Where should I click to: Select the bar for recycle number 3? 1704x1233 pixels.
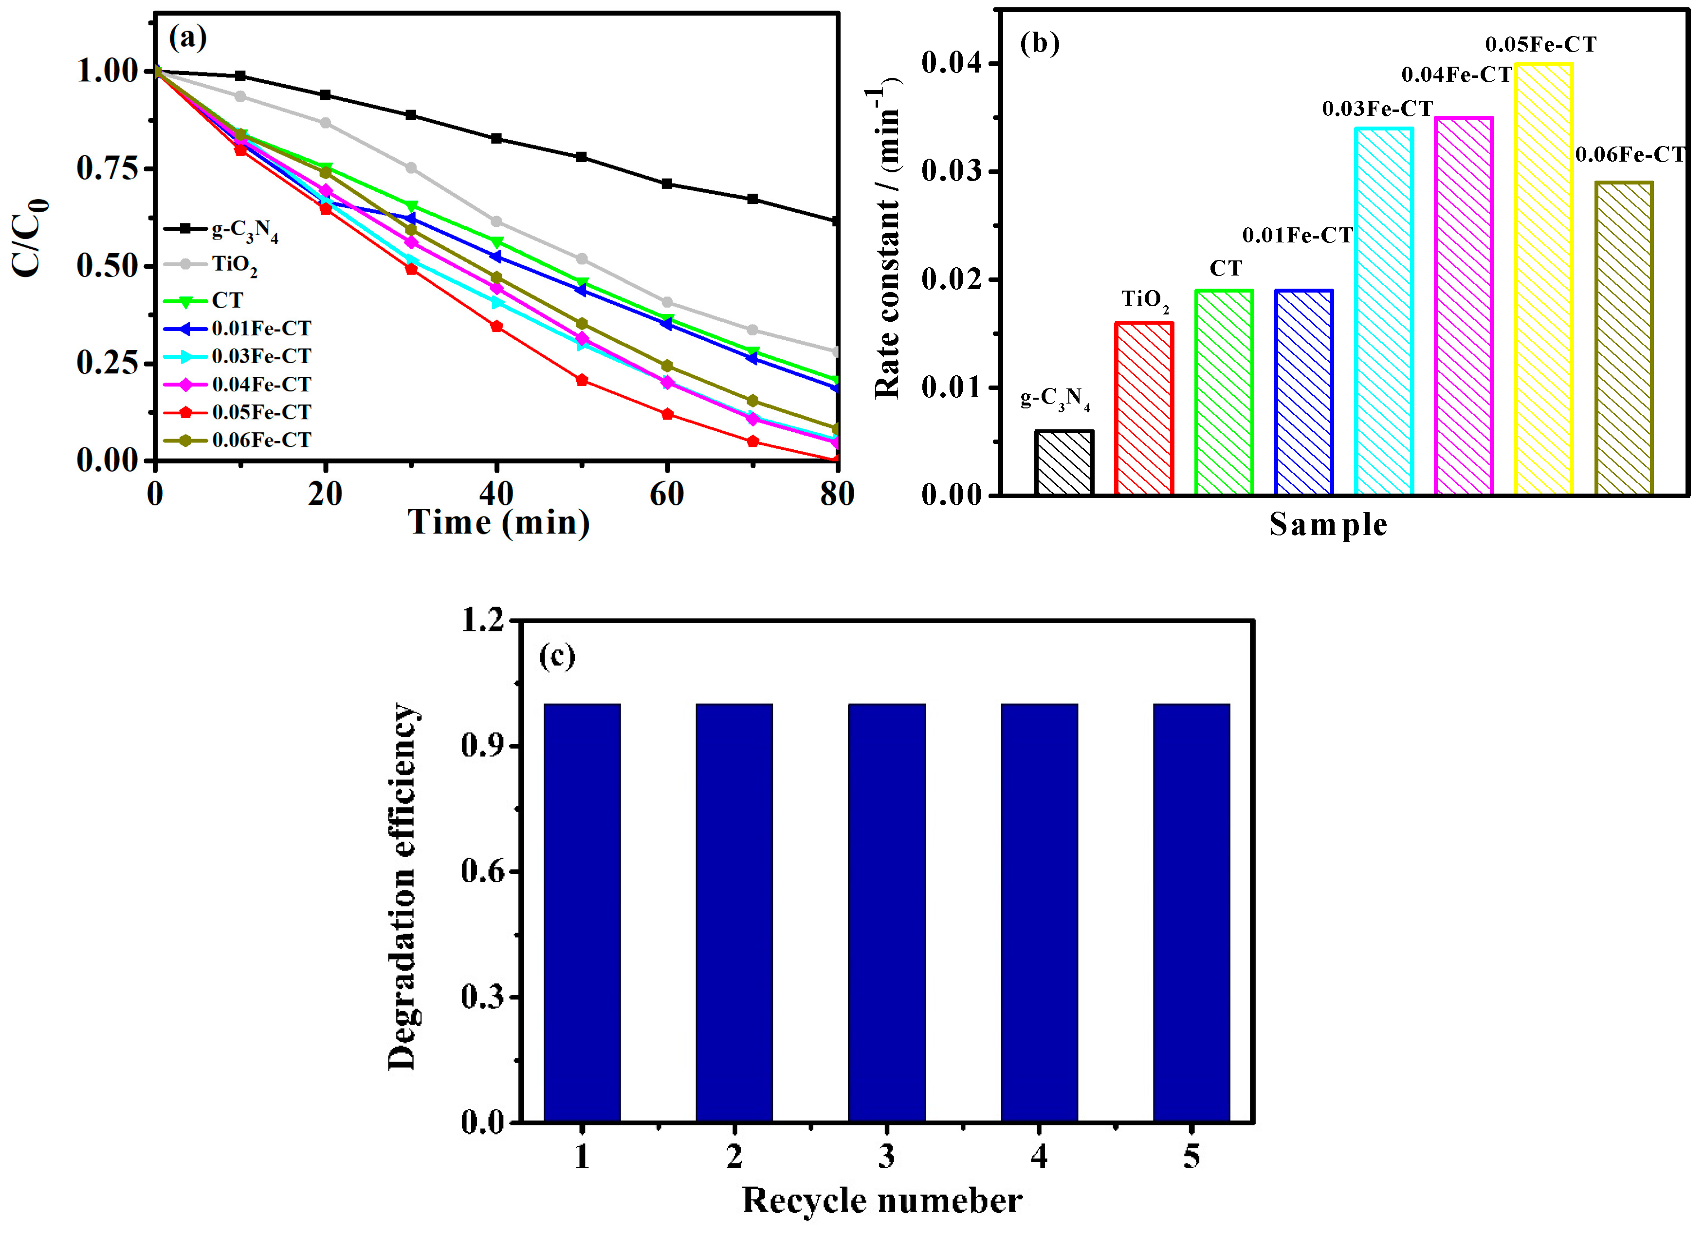887,913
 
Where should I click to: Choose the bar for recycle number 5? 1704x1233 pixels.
1191,913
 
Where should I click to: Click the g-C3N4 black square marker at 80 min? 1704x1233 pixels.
836,221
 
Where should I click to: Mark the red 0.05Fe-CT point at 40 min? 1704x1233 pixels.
496,326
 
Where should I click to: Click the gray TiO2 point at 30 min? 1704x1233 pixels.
411,167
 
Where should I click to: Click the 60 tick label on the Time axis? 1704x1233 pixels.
666,495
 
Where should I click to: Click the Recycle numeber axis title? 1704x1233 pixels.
882,1201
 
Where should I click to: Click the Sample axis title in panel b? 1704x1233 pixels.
1328,524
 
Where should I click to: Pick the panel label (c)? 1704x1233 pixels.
557,656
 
